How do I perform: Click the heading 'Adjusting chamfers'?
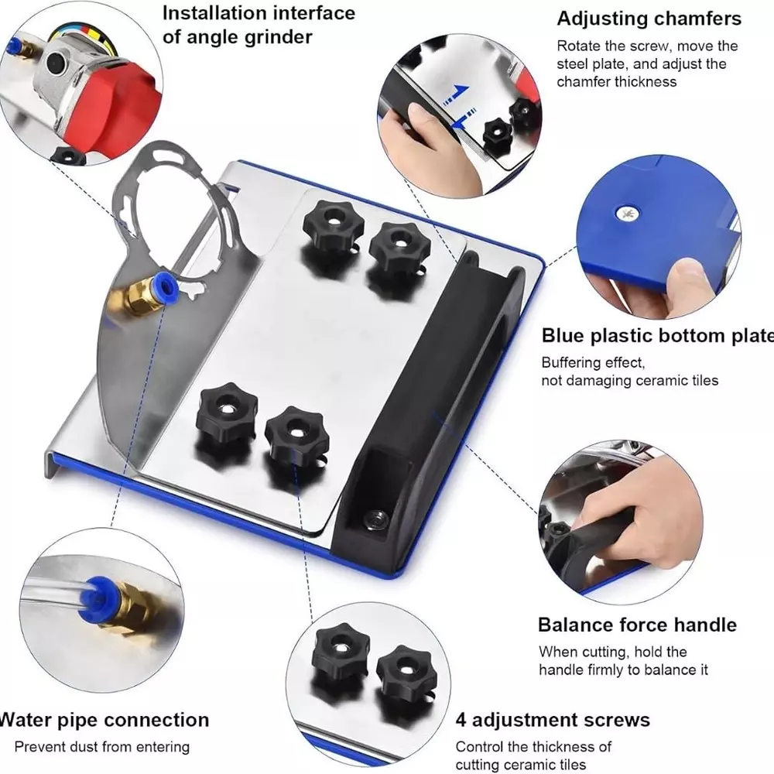pyautogui.click(x=649, y=18)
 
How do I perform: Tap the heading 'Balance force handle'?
pyautogui.click(x=637, y=625)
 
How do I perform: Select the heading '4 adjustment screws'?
pyautogui.click(x=552, y=720)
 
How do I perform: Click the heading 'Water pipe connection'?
pyautogui.click(x=102, y=720)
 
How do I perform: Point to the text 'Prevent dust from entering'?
pyautogui.click(x=101, y=747)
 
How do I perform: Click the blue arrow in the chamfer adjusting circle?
pyautogui.click(x=455, y=96)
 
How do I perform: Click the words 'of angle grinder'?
pyautogui.click(x=238, y=37)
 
